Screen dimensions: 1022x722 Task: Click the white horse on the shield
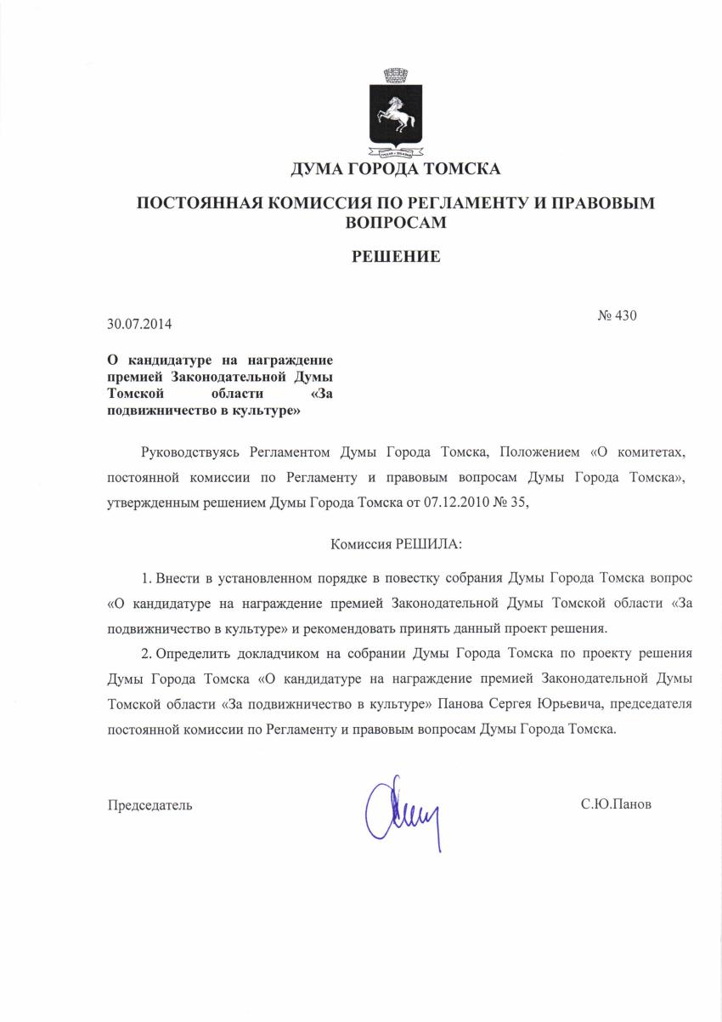click(396, 115)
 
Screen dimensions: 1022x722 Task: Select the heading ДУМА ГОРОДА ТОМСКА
click(395, 168)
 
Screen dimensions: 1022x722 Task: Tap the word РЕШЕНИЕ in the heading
click(396, 256)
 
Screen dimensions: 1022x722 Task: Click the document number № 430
click(617, 315)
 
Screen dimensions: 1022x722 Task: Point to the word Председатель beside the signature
click(149, 803)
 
